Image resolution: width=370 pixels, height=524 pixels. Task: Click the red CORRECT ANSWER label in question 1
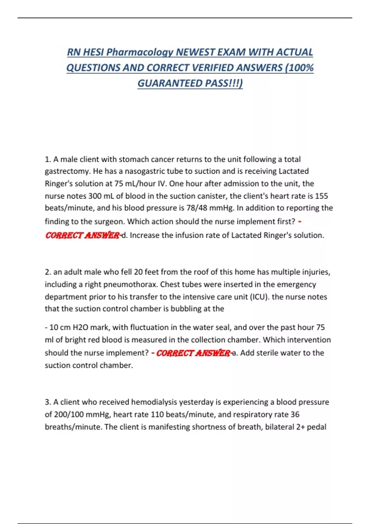[x=82, y=235]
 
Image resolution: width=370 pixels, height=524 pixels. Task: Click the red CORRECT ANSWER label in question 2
[x=193, y=353]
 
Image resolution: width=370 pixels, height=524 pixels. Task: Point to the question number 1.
[x=47, y=159]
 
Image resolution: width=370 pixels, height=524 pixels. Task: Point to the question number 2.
[x=47, y=272]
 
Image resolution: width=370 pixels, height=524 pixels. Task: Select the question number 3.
[x=47, y=402]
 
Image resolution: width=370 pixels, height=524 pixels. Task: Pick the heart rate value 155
[x=321, y=196]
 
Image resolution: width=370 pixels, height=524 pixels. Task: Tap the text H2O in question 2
[x=80, y=327]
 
